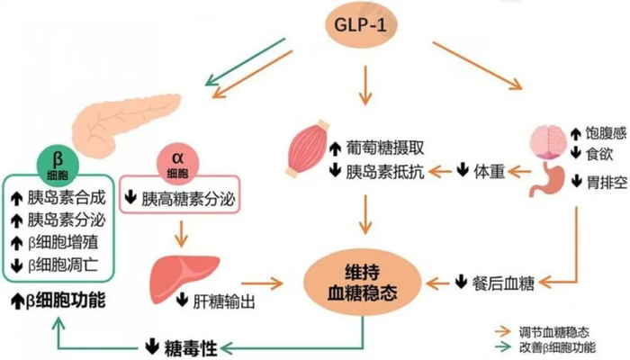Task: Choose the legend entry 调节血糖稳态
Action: point(571,329)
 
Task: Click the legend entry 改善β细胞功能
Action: point(575,346)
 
